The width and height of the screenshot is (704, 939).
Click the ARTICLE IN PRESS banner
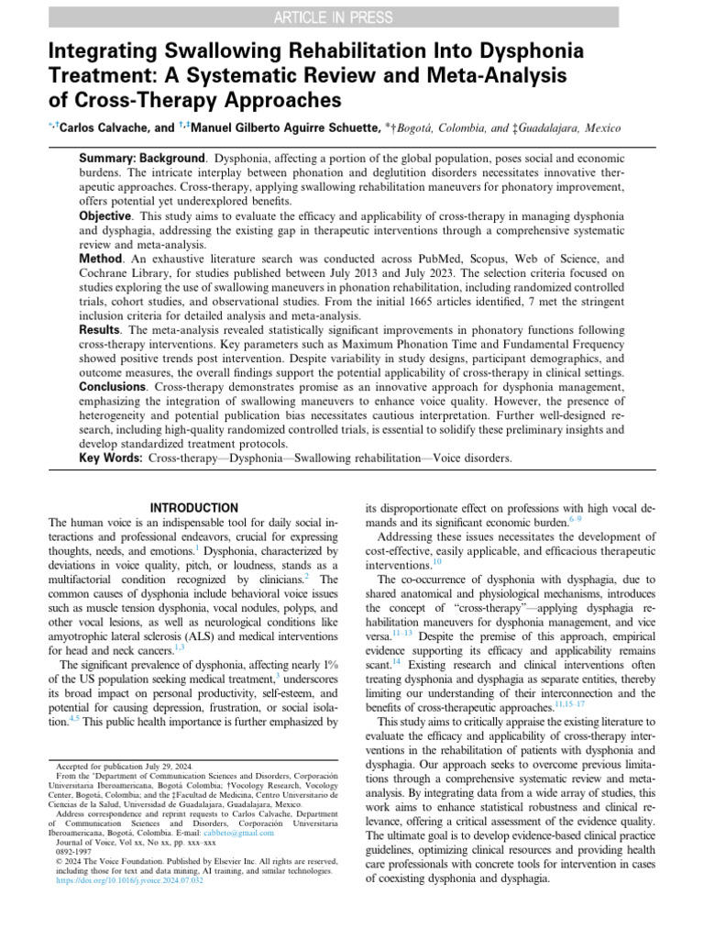point(352,17)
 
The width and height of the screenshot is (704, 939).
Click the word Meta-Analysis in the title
point(488,74)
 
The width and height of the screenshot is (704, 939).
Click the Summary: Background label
point(141,160)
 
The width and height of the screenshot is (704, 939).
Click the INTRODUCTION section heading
point(193,508)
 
